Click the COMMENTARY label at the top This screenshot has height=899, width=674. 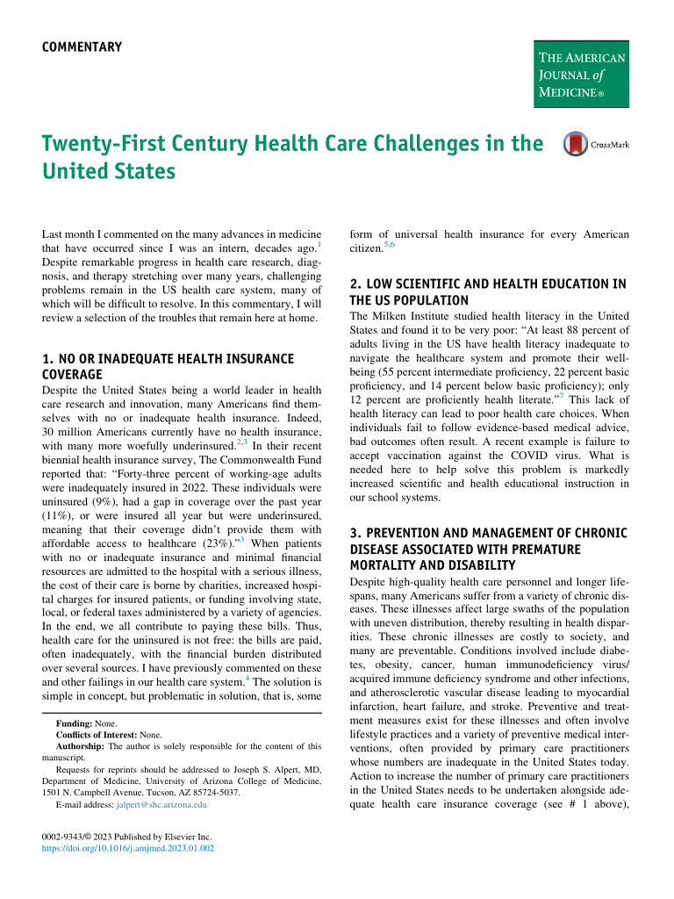pos(82,47)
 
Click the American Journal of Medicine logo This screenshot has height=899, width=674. pos(581,74)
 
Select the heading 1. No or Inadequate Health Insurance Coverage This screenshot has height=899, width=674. pos(168,366)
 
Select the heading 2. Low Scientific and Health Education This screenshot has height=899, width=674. pos(487,291)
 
